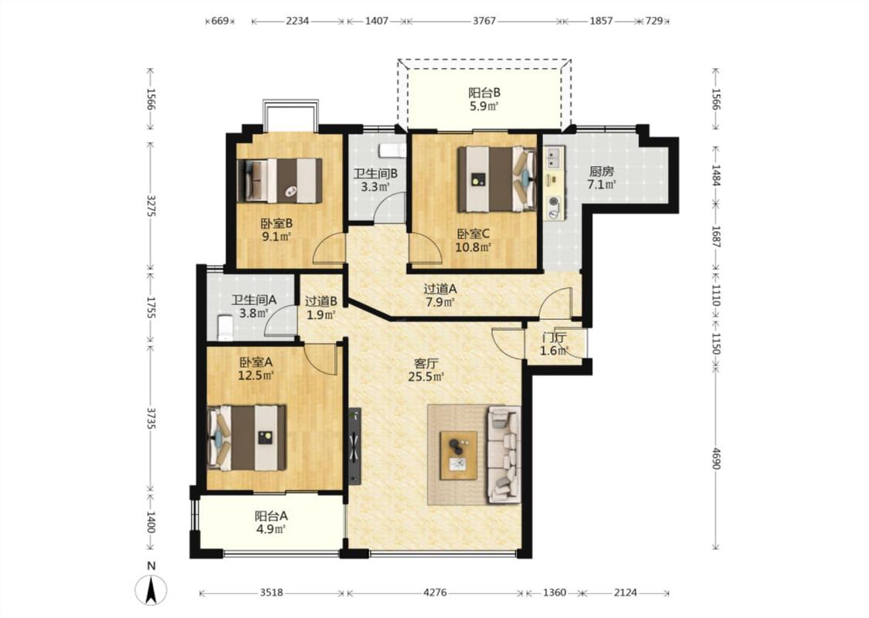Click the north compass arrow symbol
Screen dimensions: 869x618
click(x=151, y=589)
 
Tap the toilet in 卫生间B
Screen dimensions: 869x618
click(x=389, y=151)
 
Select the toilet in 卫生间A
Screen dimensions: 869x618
click(x=223, y=327)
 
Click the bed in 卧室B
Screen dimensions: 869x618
click(x=280, y=180)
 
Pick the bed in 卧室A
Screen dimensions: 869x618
click(x=246, y=438)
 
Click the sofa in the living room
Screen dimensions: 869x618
click(x=503, y=455)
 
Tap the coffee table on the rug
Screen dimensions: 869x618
click(x=458, y=455)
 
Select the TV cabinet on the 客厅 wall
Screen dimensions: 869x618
click(x=354, y=447)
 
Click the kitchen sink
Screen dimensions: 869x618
click(x=554, y=158)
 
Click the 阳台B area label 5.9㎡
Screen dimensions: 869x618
click(x=484, y=107)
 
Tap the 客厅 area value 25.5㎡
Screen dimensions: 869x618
click(x=426, y=377)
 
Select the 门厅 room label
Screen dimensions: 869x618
click(x=554, y=338)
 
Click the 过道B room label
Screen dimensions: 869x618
click(x=321, y=301)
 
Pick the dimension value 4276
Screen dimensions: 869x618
click(x=435, y=593)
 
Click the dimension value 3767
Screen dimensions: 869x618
click(x=484, y=21)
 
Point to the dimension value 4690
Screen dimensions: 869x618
click(x=715, y=458)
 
